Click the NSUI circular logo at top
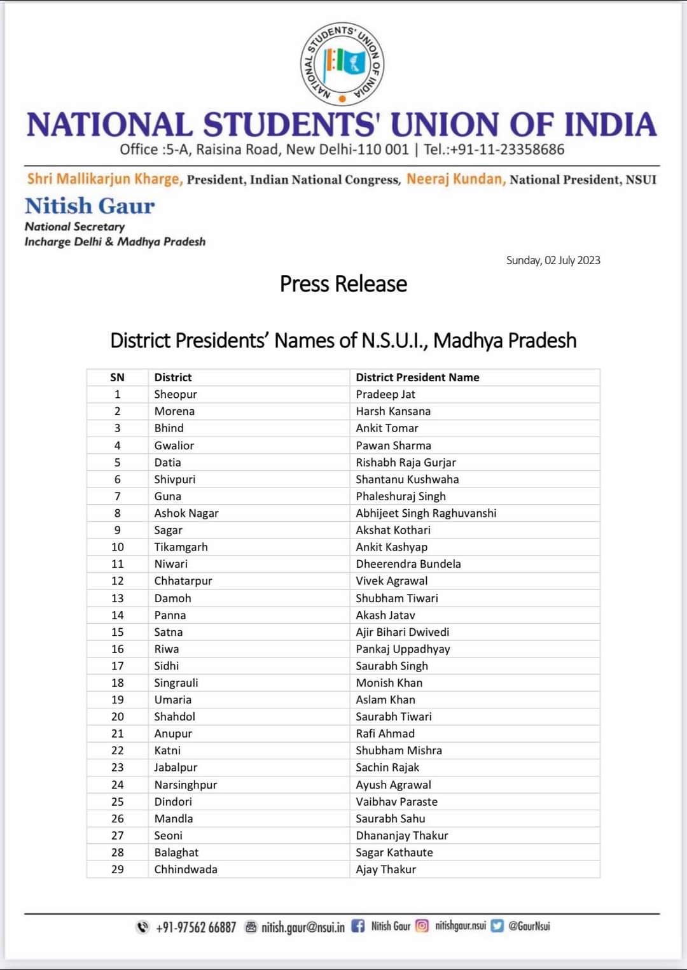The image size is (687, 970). [342, 64]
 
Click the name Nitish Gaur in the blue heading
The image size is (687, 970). [90, 206]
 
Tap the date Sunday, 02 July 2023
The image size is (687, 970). [553, 260]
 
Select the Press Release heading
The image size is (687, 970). [343, 284]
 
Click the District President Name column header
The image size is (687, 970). [417, 377]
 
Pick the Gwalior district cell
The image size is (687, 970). [174, 446]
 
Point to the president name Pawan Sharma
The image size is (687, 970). [393, 446]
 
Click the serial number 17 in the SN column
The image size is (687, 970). [118, 666]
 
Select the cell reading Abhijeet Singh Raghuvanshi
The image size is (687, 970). [426, 513]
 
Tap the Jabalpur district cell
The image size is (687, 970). [176, 768]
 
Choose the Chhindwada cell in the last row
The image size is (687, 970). [186, 869]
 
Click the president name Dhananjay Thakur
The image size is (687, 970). [401, 836]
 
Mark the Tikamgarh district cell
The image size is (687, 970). [181, 547]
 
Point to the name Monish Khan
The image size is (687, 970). [389, 683]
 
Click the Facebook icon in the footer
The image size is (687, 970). [358, 926]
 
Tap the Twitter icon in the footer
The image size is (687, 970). [497, 926]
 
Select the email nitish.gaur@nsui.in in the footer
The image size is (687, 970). [303, 927]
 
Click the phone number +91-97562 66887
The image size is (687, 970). [196, 927]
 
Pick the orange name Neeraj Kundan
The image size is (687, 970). [455, 179]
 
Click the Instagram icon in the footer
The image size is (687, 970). [422, 926]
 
